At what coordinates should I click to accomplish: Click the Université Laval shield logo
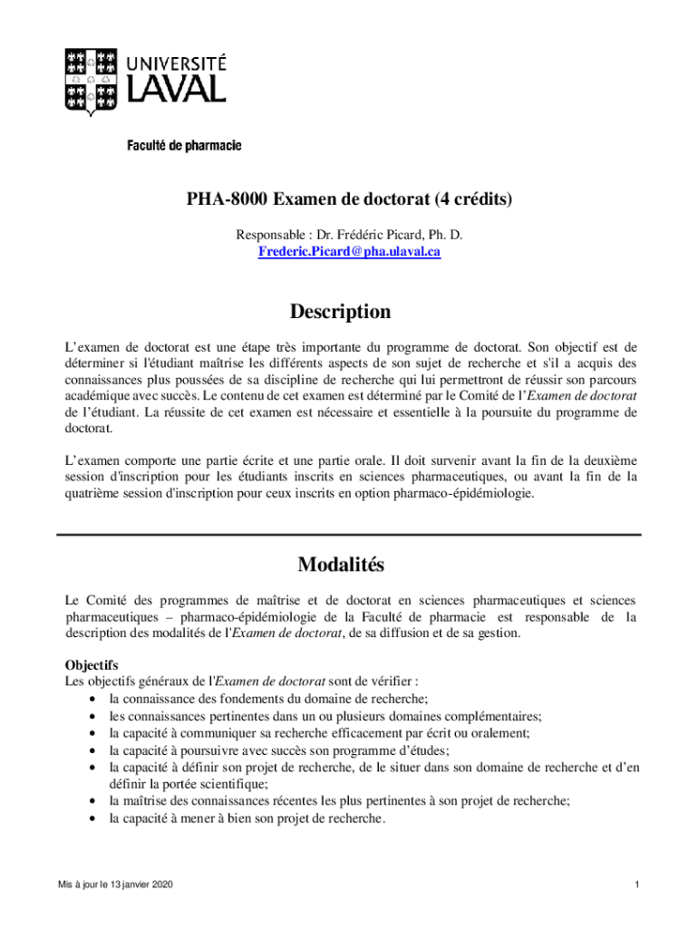pyautogui.click(x=90, y=81)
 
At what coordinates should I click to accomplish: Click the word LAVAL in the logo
pyautogui.click(x=175, y=89)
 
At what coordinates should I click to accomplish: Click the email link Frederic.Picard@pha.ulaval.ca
pyautogui.click(x=349, y=251)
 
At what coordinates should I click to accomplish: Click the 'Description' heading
pyautogui.click(x=340, y=312)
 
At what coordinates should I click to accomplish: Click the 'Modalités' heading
pyautogui.click(x=341, y=565)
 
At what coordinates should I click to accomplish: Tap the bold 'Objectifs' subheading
pyautogui.click(x=92, y=664)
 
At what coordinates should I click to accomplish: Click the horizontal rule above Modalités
pyautogui.click(x=349, y=535)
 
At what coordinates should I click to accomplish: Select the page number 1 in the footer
pyautogui.click(x=638, y=884)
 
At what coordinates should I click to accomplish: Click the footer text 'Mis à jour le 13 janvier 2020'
pyautogui.click(x=115, y=884)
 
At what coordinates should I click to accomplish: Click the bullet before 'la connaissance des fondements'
pyautogui.click(x=95, y=699)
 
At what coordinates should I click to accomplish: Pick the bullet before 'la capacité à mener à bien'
pyautogui.click(x=95, y=818)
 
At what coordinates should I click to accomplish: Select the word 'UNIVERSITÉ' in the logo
pyautogui.click(x=176, y=63)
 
